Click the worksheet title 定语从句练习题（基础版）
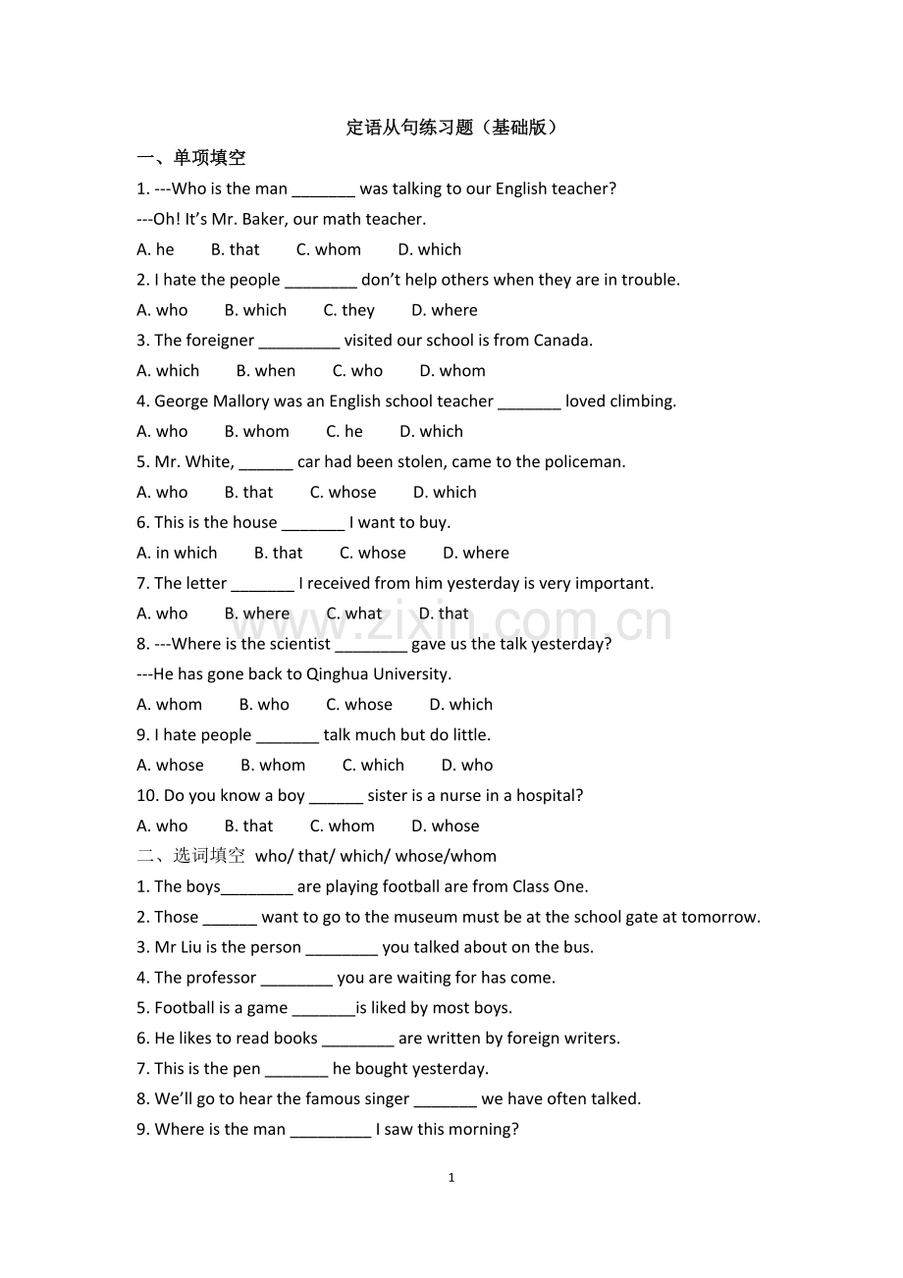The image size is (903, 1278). click(451, 128)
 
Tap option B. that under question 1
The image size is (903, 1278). click(236, 249)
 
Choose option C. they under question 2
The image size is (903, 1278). click(349, 310)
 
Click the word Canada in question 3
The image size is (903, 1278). click(562, 341)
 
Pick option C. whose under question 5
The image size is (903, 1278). click(343, 492)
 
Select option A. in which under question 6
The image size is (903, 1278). click(177, 553)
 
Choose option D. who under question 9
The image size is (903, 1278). click(467, 765)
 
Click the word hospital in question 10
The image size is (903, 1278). click(549, 795)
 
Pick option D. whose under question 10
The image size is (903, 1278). click(446, 825)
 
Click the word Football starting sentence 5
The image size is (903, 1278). click(185, 1008)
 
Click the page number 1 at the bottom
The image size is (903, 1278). click(451, 1178)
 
